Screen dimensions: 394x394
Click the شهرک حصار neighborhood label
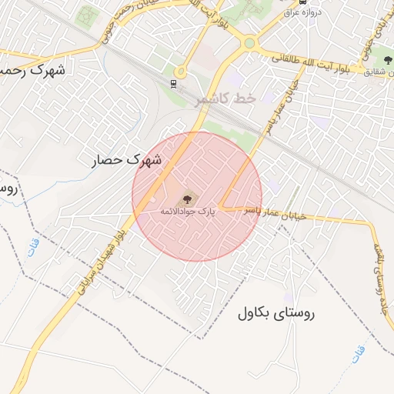click(x=127, y=160)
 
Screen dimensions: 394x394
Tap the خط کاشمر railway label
click(x=225, y=98)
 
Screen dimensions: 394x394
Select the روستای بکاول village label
click(x=276, y=312)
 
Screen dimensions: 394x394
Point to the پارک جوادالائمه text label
click(x=189, y=209)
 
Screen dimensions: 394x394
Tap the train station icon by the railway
click(x=175, y=84)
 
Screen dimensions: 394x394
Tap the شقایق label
click(x=376, y=72)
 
